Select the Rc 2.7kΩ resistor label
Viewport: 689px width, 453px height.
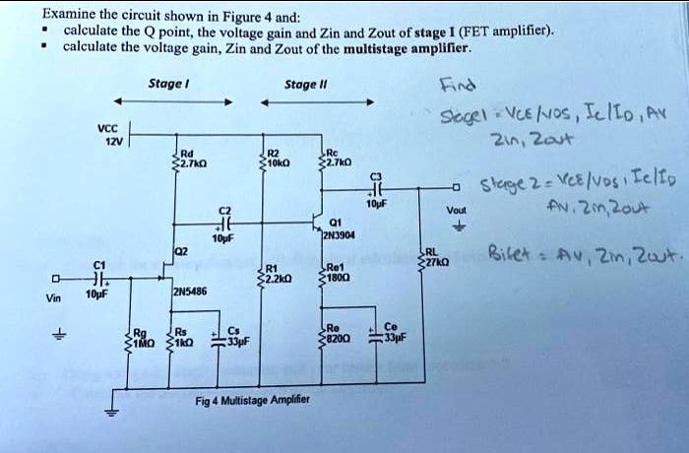tap(340, 157)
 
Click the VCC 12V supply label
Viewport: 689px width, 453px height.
tap(103, 133)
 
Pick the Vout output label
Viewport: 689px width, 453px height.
tap(456, 210)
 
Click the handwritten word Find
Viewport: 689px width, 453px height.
tap(459, 83)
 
